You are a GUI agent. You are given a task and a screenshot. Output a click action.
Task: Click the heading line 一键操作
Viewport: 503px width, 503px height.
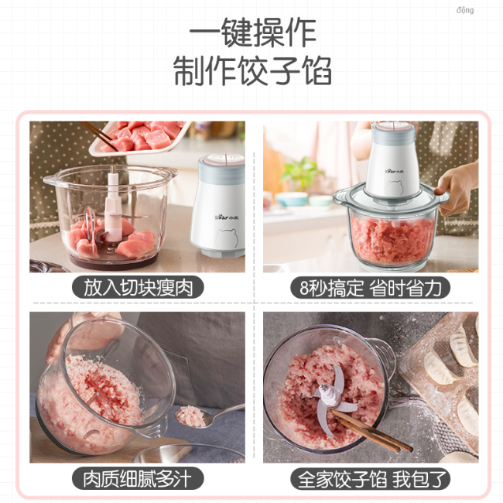[x=253, y=33]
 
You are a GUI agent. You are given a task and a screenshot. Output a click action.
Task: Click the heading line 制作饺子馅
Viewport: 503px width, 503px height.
[x=253, y=70]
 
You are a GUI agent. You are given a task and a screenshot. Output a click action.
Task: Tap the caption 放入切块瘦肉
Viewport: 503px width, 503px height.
[x=138, y=287]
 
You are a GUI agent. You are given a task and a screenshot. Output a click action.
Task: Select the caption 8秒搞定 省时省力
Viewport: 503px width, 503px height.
[x=371, y=287]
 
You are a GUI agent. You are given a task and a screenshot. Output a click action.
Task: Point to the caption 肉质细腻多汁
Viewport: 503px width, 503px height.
[x=138, y=478]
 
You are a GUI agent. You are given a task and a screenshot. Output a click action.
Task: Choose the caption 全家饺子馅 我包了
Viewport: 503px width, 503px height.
[x=371, y=478]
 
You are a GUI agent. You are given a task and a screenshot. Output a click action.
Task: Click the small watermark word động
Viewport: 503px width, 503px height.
[x=465, y=10]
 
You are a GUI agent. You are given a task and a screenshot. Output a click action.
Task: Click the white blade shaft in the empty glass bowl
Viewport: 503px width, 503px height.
[x=113, y=205]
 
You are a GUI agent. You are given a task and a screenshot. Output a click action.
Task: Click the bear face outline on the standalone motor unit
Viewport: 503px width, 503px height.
[x=226, y=238]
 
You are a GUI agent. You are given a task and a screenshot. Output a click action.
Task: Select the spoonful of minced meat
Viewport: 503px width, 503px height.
[x=191, y=416]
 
